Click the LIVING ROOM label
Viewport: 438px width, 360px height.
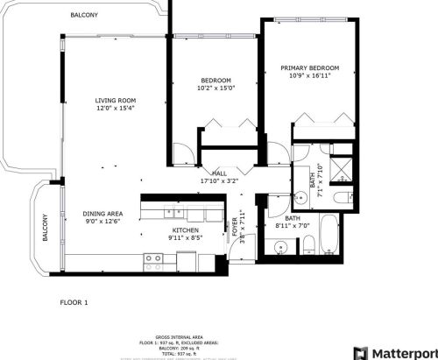point(115,101)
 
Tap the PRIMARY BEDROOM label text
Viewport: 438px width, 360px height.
point(310,67)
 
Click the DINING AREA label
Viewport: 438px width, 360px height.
point(102,213)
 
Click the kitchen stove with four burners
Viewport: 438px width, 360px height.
point(153,258)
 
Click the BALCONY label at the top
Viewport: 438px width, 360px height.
point(84,16)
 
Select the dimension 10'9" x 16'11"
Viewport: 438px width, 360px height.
point(310,76)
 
